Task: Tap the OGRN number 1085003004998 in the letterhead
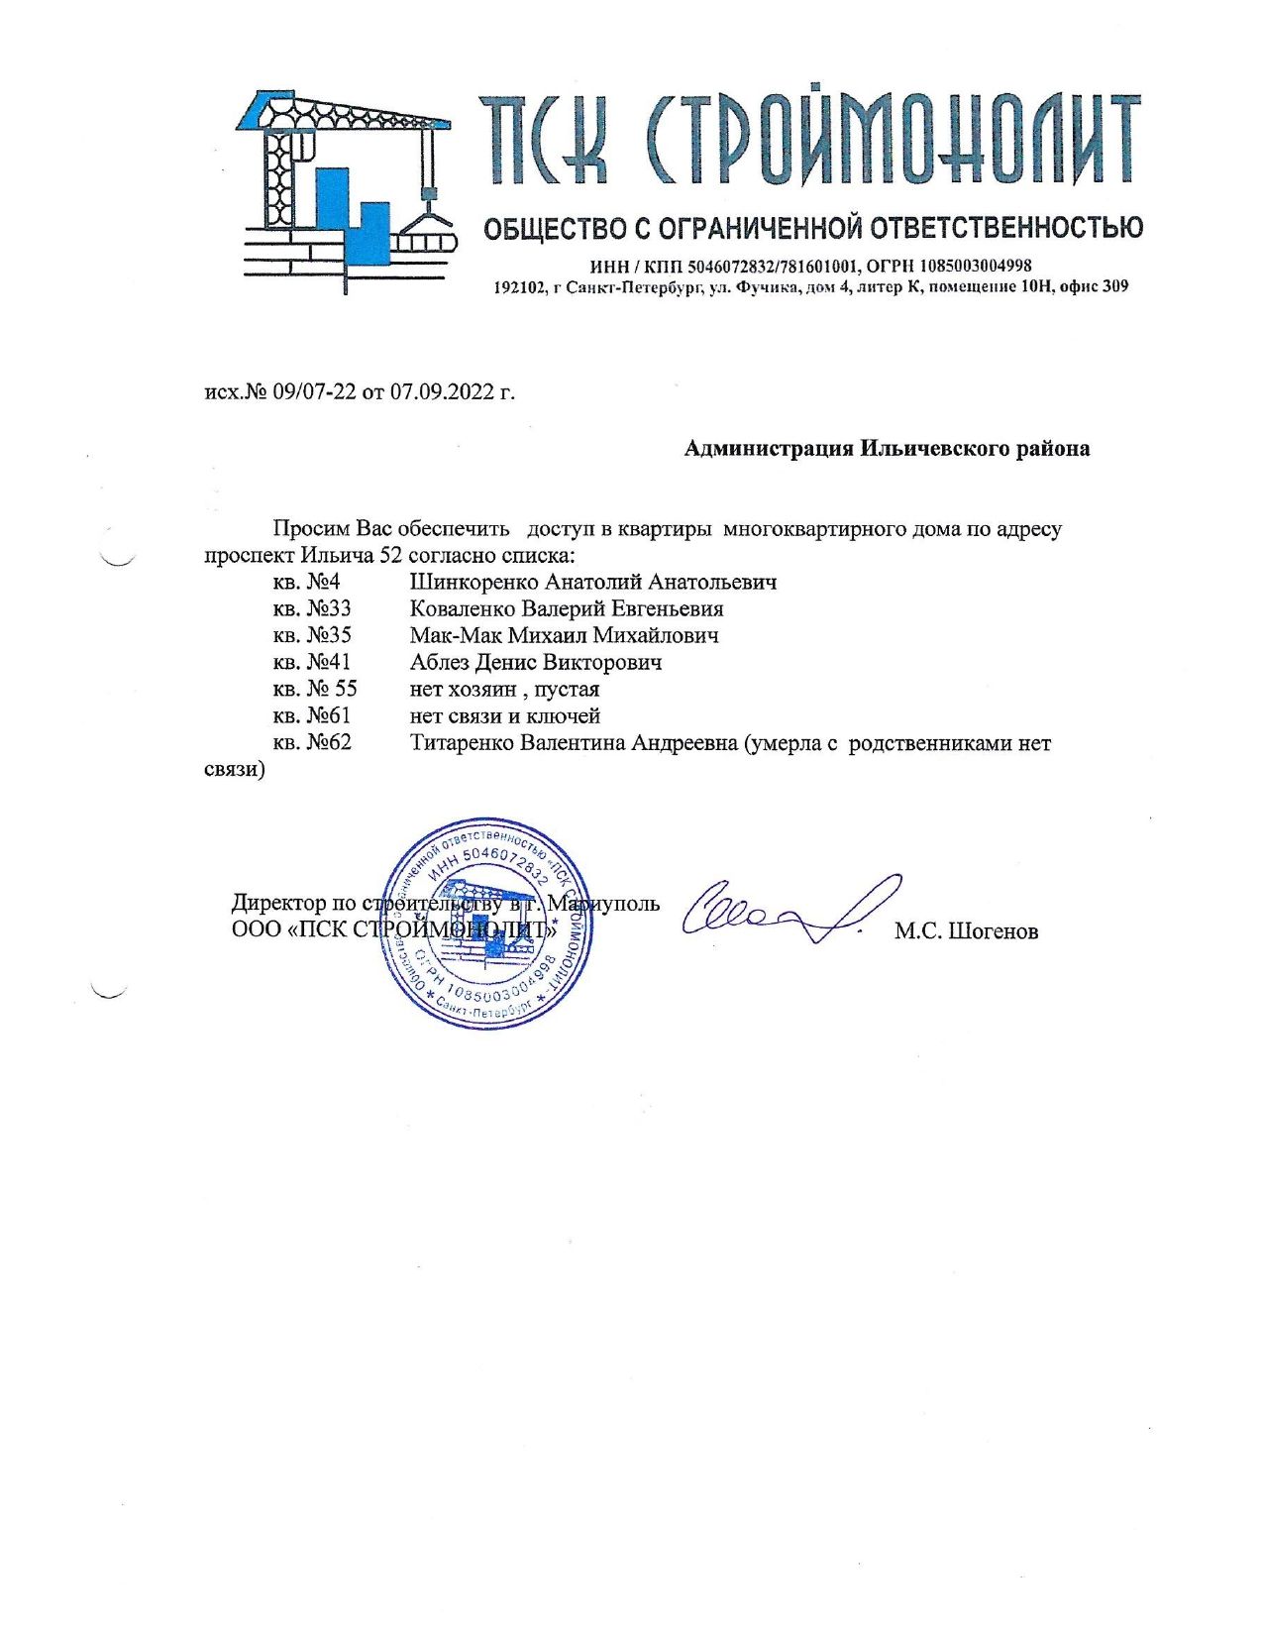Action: point(975,266)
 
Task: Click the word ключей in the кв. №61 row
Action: point(567,715)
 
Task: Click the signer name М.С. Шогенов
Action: point(966,931)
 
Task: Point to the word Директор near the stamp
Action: point(278,903)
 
